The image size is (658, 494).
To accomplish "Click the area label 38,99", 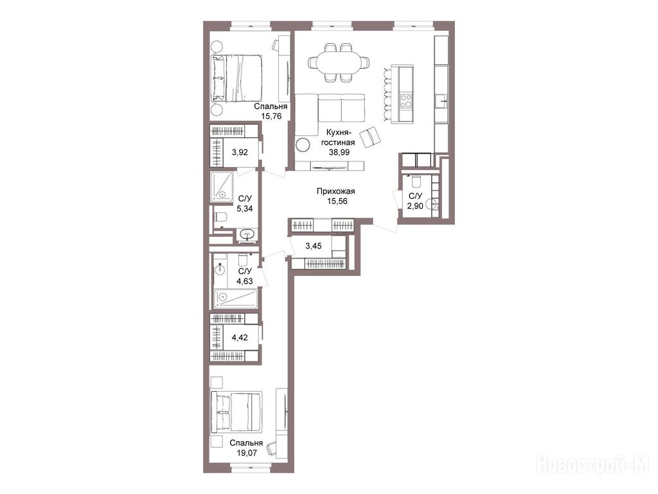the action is (339, 152).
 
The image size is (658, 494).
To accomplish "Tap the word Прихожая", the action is (335, 192).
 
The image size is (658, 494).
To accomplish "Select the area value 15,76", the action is (271, 116).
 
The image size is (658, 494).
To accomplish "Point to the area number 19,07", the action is (246, 453).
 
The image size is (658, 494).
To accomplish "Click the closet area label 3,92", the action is (240, 152).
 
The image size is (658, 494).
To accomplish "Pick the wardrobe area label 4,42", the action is (240, 337).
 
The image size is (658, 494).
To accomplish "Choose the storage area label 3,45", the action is (314, 246).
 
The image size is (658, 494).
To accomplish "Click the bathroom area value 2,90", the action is (415, 206).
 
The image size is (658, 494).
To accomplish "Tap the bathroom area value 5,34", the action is (245, 208).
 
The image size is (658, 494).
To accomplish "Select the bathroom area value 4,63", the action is (245, 281).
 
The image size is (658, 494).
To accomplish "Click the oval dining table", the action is (339, 62).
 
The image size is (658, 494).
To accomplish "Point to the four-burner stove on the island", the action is (406, 100).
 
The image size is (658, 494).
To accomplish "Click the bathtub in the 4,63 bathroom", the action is (235, 298).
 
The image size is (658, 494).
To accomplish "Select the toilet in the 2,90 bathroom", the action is (416, 181).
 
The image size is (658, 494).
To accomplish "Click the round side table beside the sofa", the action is (302, 145).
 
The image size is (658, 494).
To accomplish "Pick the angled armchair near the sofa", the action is (370, 137).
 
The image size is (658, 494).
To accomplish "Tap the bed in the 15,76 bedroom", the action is (238, 78).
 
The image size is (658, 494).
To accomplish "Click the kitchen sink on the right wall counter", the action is (441, 101).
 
